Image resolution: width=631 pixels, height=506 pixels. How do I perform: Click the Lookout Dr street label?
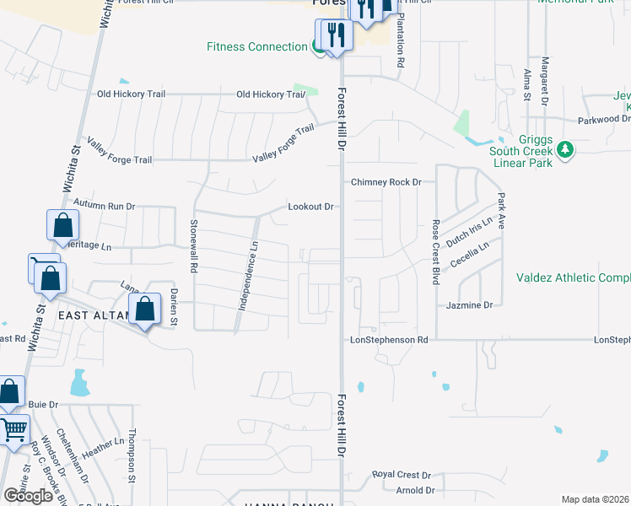click(x=311, y=206)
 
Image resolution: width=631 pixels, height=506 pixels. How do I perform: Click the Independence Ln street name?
click(x=246, y=276)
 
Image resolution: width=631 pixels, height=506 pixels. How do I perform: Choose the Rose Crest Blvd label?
click(x=436, y=250)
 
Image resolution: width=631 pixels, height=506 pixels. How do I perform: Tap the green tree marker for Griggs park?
click(x=566, y=150)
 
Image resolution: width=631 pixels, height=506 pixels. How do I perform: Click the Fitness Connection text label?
click(x=256, y=46)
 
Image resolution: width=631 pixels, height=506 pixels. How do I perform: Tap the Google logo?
click(x=28, y=496)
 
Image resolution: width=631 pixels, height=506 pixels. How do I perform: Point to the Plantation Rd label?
click(x=402, y=39)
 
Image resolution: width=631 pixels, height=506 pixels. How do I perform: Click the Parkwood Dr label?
click(x=602, y=120)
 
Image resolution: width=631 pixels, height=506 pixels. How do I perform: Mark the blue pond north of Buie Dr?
click(x=80, y=384)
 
